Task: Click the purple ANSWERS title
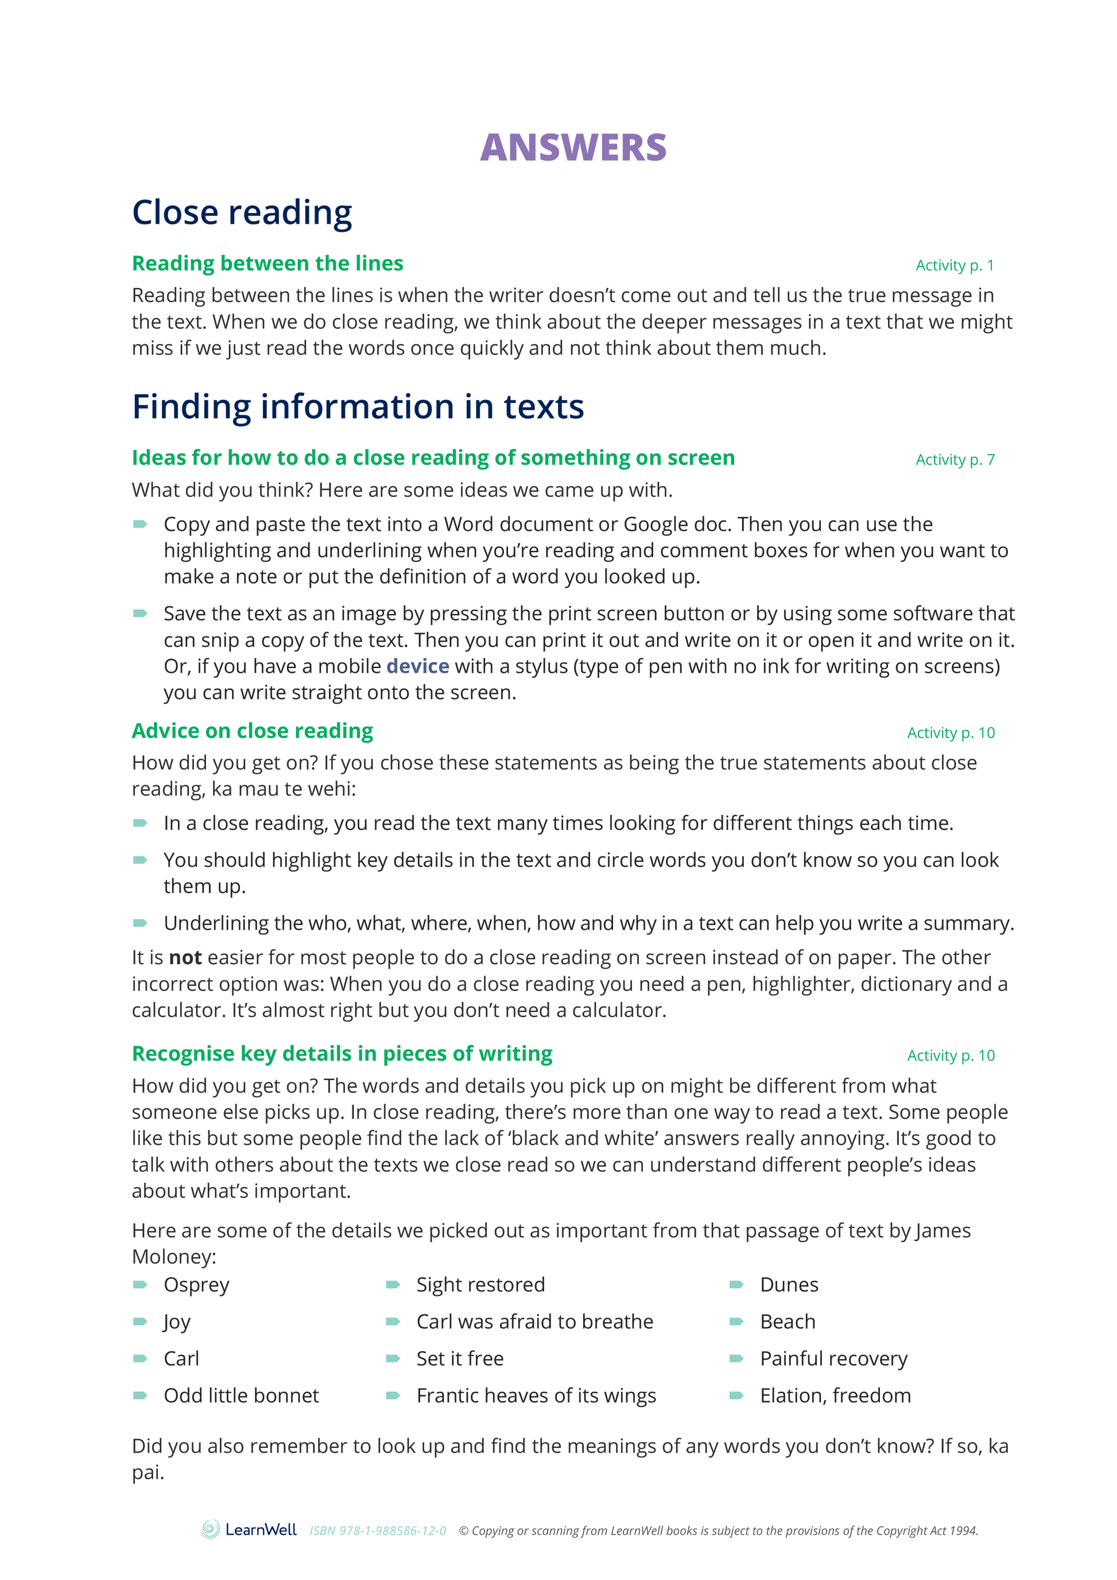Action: [x=573, y=147]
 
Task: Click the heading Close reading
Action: [x=242, y=213]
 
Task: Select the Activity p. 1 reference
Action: [x=954, y=266]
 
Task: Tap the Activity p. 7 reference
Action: [x=955, y=460]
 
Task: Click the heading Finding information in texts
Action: [x=358, y=407]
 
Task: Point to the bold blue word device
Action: [x=417, y=666]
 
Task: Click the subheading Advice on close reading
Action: [x=252, y=731]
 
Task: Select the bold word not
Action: [x=185, y=957]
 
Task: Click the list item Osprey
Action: [x=196, y=1285]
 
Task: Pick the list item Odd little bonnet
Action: [x=241, y=1396]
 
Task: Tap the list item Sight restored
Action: [x=480, y=1285]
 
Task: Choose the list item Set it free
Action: [x=460, y=1358]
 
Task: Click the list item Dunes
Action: [x=789, y=1285]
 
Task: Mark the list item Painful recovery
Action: [x=833, y=1358]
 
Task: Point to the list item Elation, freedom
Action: [x=835, y=1396]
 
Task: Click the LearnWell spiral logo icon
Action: [x=210, y=1529]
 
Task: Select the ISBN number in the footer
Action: [x=377, y=1531]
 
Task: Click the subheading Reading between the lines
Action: [x=267, y=263]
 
